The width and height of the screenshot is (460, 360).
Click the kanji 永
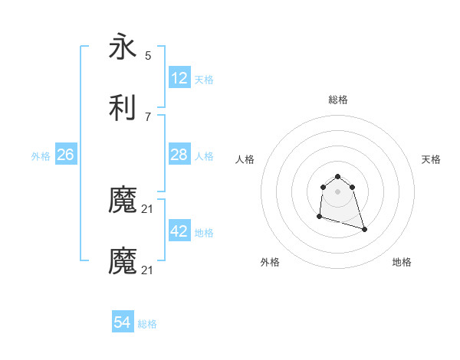pyautogui.click(x=123, y=47)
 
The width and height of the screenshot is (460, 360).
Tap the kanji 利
pyautogui.click(x=123, y=106)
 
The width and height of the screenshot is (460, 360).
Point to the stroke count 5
pyautogui.click(x=148, y=55)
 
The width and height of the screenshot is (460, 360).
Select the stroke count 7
pyautogui.click(x=148, y=116)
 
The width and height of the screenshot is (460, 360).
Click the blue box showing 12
pyautogui.click(x=179, y=78)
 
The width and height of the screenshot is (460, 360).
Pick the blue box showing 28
pyautogui.click(x=179, y=155)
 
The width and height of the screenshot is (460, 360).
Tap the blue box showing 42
pyautogui.click(x=179, y=231)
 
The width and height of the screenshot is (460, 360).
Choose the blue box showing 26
pyautogui.click(x=65, y=155)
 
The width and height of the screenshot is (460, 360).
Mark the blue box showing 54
pyautogui.click(x=123, y=323)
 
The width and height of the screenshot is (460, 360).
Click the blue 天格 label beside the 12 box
pyautogui.click(x=204, y=80)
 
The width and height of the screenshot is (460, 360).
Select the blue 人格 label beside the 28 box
pyautogui.click(x=204, y=156)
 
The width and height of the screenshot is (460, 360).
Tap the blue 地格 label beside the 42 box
pyautogui.click(x=204, y=233)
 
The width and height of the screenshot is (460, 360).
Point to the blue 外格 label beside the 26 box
pyautogui.click(x=41, y=156)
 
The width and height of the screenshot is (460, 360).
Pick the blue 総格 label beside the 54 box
pyautogui.click(x=147, y=325)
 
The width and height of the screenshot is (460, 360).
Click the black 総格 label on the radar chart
pyautogui.click(x=338, y=100)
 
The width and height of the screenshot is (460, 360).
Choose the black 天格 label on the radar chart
pyautogui.click(x=432, y=159)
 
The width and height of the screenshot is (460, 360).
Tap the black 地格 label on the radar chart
pyautogui.click(x=402, y=262)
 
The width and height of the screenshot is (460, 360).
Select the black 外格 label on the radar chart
pyautogui.click(x=270, y=262)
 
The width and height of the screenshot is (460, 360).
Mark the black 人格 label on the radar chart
pyautogui.click(x=245, y=159)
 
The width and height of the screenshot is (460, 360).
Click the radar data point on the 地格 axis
pyautogui.click(x=364, y=229)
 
